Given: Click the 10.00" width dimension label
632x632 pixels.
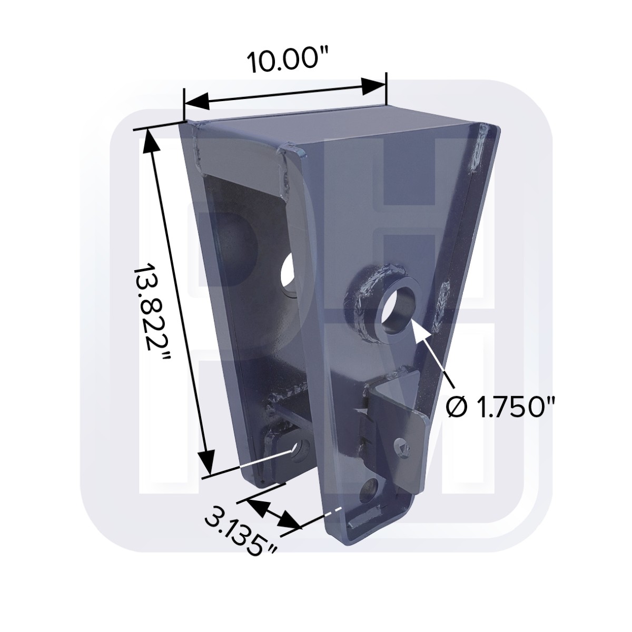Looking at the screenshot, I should click(284, 62).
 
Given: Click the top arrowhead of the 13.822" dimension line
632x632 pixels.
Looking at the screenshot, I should click(150, 140).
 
